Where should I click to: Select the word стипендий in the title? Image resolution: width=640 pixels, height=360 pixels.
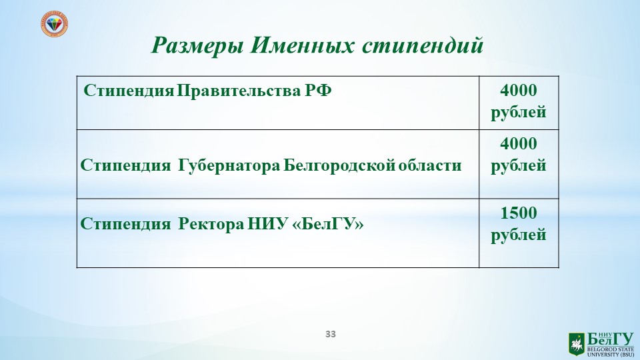[423, 45]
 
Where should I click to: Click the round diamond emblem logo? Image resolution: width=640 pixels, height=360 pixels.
[54, 24]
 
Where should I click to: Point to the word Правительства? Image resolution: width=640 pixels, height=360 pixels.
[239, 91]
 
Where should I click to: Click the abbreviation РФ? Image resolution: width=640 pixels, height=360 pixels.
[318, 90]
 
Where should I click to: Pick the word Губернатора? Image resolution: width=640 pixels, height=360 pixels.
[229, 166]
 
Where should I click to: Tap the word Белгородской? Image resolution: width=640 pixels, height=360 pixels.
[339, 166]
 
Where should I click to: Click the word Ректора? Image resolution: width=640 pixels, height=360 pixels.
[211, 224]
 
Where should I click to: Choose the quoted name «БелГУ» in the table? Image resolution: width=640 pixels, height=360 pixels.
[328, 224]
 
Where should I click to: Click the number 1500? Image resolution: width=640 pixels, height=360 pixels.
[519, 213]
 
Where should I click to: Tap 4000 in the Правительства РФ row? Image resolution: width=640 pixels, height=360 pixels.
[519, 90]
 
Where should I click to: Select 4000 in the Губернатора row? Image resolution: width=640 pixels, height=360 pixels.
[519, 143]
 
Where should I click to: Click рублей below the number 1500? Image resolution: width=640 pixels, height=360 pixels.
[519, 235]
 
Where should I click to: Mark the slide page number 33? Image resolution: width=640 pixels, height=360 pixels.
[331, 334]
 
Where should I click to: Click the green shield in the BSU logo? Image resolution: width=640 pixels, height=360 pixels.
[577, 344]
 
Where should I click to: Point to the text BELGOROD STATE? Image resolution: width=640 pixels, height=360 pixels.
[611, 350]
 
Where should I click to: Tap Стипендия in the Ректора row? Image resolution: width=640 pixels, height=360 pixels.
[125, 224]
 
